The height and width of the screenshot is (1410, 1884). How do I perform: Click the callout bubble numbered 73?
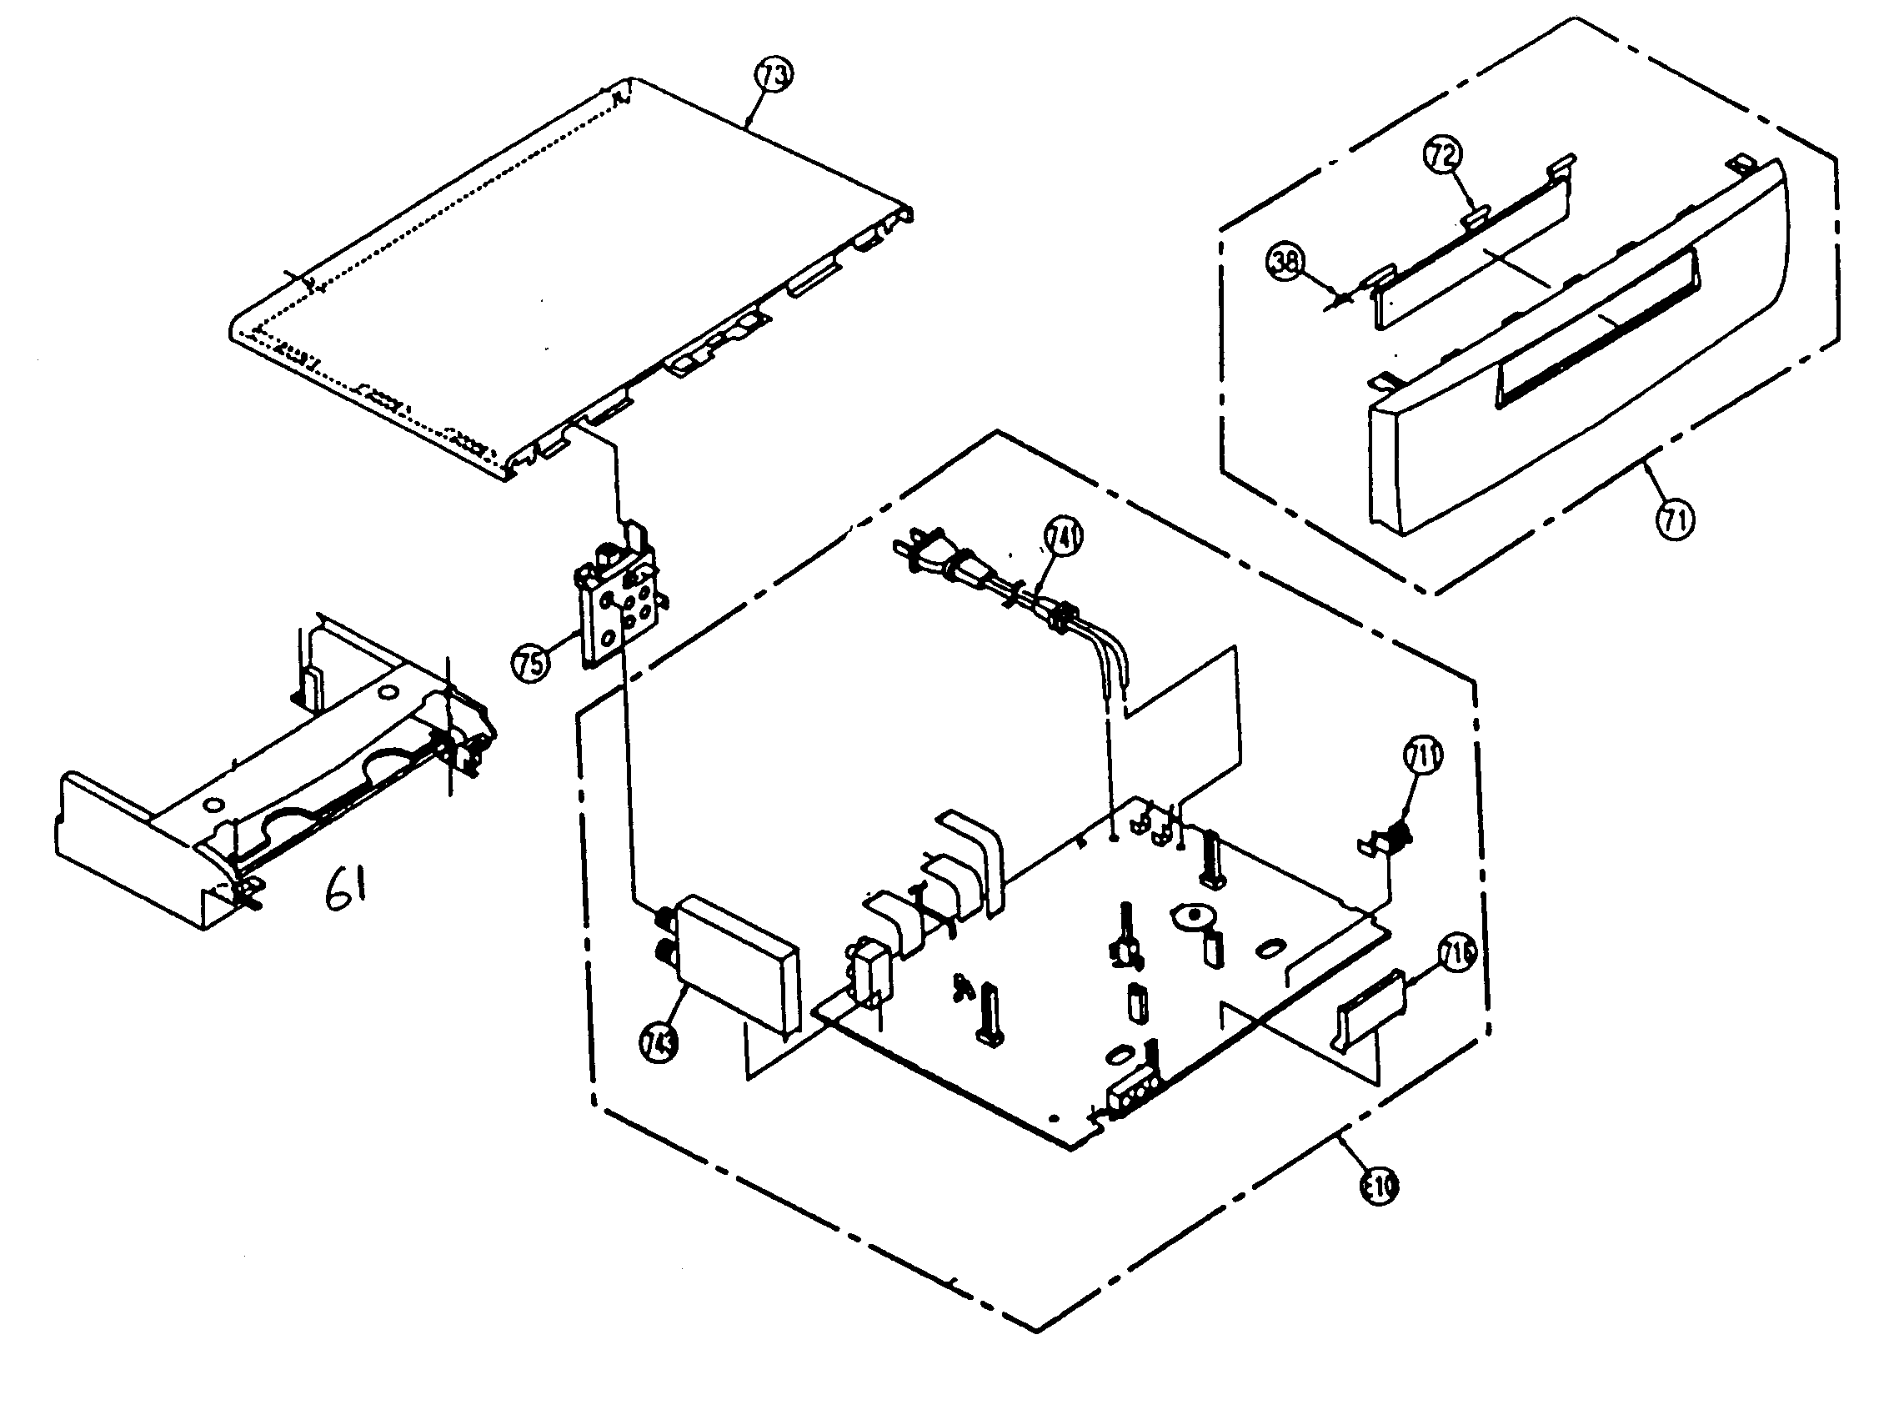pyautogui.click(x=774, y=75)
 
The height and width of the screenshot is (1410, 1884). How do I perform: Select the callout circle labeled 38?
pyautogui.click(x=1285, y=262)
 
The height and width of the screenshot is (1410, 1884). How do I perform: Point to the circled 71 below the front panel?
pyautogui.click(x=1675, y=519)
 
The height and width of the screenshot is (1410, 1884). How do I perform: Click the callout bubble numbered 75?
pyautogui.click(x=531, y=662)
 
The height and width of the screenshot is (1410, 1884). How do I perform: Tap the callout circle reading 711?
pyautogui.click(x=1422, y=755)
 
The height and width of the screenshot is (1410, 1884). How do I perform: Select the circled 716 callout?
pyautogui.click(x=1457, y=955)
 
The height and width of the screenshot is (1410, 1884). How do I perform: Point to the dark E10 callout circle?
pyautogui.click(x=1379, y=1185)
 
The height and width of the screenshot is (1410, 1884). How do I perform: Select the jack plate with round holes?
pyautogui.click(x=624, y=615)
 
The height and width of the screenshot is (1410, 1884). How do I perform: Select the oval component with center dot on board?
pyautogui.click(x=1193, y=916)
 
